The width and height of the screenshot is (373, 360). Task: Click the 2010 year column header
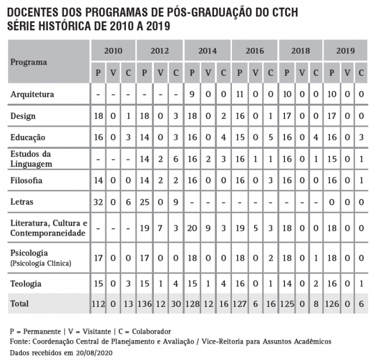(113, 51)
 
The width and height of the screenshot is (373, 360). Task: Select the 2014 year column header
(207, 51)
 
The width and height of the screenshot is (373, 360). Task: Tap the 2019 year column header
(346, 51)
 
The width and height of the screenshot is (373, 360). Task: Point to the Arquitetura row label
(33, 94)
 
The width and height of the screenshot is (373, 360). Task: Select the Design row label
(23, 116)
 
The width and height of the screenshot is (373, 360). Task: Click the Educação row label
(28, 137)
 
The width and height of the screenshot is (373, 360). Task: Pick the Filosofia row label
(27, 180)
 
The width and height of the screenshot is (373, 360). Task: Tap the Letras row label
(22, 202)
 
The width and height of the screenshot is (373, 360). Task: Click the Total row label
(20, 304)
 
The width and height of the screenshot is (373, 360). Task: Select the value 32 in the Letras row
(98, 202)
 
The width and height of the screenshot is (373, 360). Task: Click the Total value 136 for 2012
(145, 304)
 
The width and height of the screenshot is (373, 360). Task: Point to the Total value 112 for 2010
(98, 304)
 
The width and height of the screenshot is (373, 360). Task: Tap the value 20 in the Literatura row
(192, 228)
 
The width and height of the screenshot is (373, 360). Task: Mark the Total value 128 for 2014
(192, 304)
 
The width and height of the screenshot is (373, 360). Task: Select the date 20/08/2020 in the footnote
(92, 354)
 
